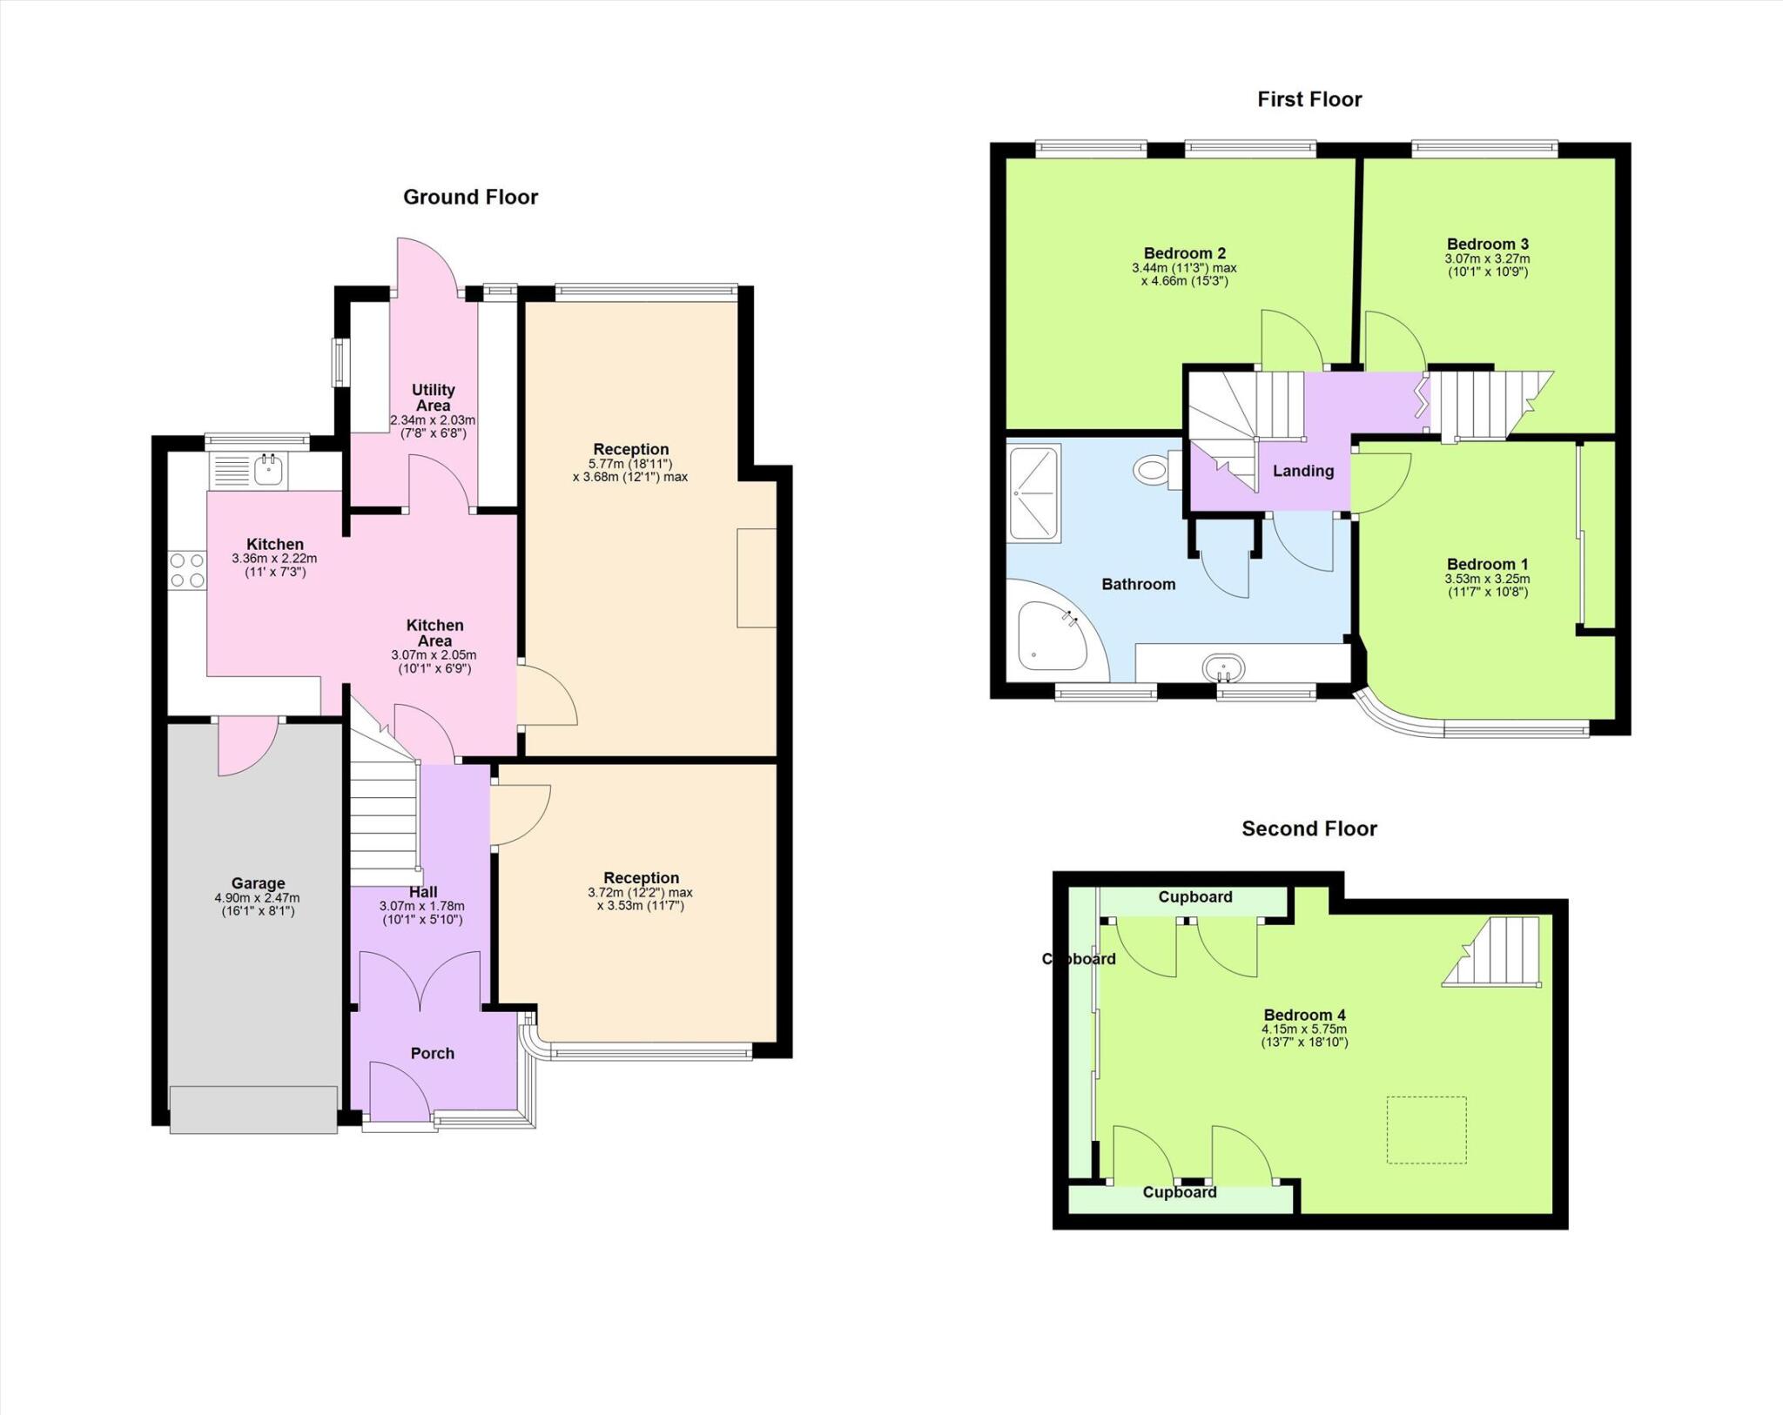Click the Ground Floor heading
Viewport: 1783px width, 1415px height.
[x=470, y=198]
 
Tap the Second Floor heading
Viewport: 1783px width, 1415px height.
[x=1309, y=828]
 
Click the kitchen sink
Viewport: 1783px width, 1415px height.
[x=267, y=471]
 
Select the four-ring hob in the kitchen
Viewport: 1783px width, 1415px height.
[x=187, y=571]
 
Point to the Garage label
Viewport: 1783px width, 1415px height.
[x=258, y=883]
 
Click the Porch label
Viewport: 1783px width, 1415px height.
[x=432, y=1053]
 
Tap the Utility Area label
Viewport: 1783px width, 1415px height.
[x=433, y=398]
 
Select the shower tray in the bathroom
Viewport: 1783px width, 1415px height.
[x=1034, y=493]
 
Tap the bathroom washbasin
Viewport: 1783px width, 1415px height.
[x=1223, y=669]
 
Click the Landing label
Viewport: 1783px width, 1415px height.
[x=1302, y=471]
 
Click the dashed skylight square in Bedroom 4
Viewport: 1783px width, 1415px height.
[x=1426, y=1130]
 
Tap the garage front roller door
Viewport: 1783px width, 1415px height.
[x=253, y=1109]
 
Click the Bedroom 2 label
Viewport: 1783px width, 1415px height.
[x=1184, y=253]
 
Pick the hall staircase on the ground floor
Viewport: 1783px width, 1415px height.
[x=384, y=814]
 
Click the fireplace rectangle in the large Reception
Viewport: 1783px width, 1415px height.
[x=756, y=577]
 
